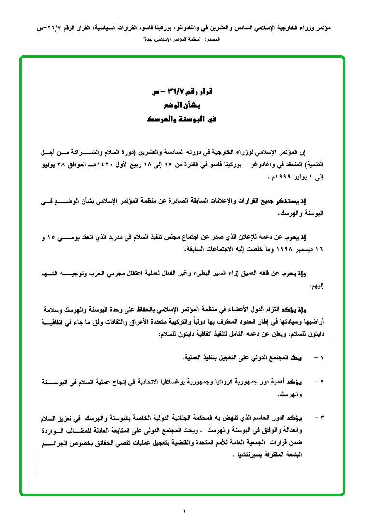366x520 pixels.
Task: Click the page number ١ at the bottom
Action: pos(184,510)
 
